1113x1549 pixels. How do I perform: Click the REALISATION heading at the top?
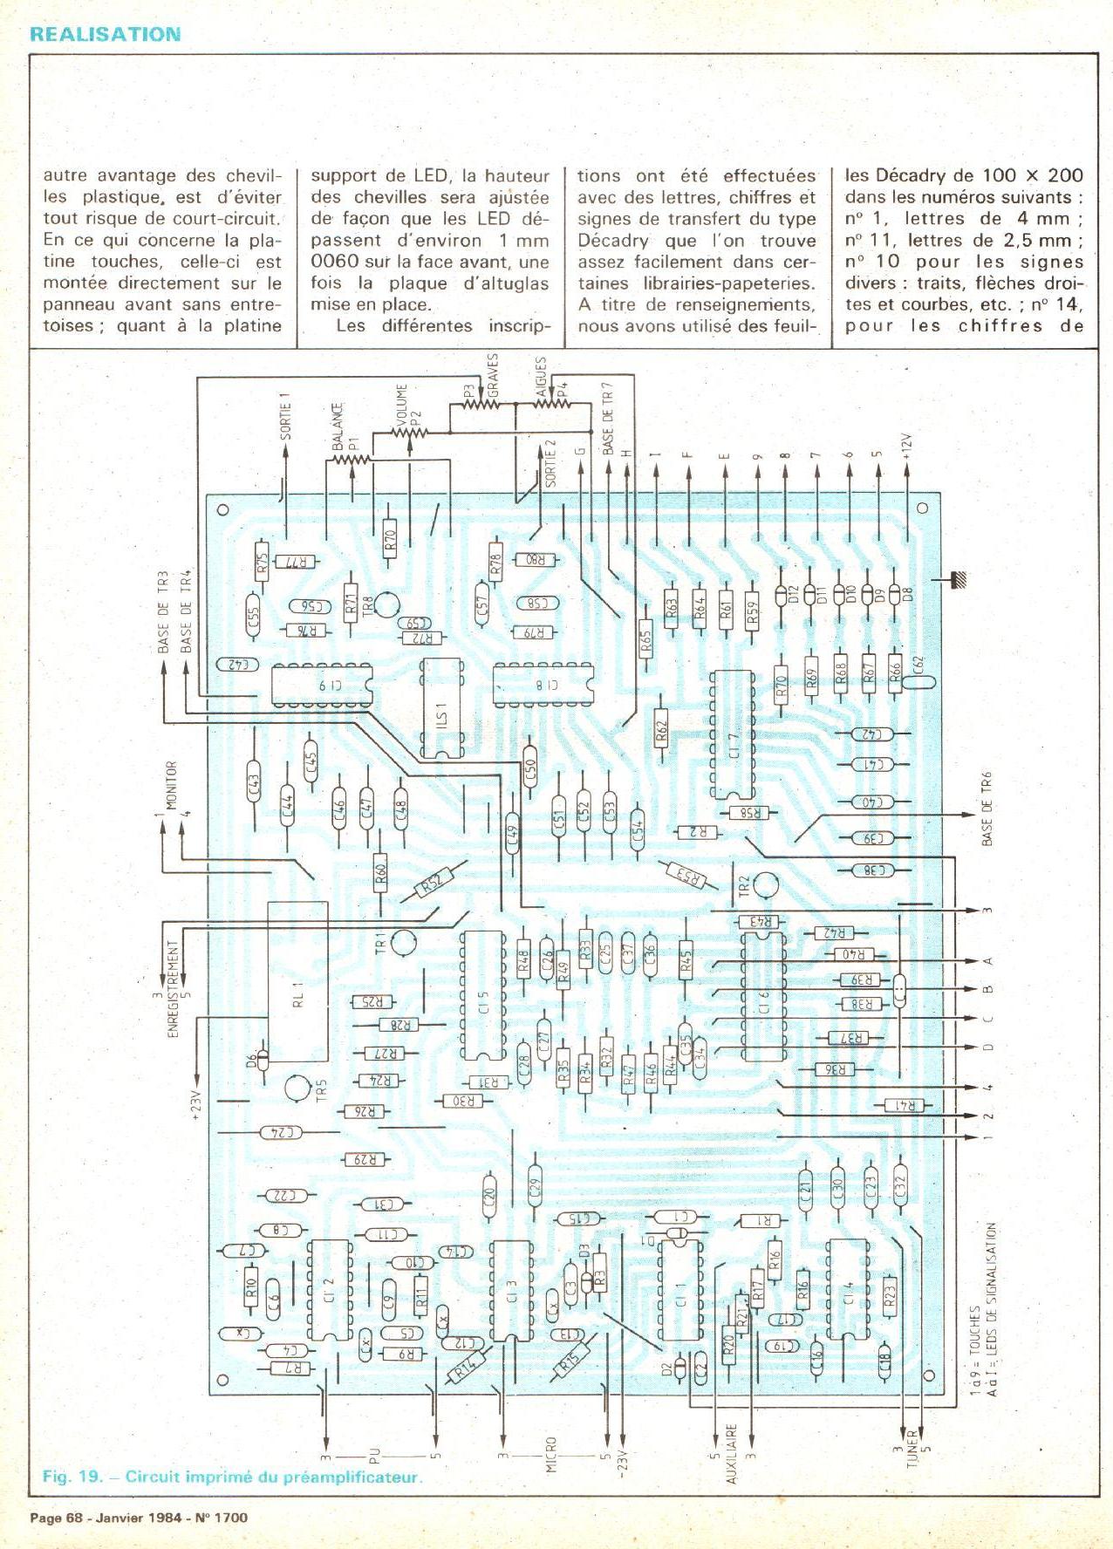tap(105, 35)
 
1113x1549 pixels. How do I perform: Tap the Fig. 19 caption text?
tap(232, 1477)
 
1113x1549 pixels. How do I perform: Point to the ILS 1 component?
tap(442, 707)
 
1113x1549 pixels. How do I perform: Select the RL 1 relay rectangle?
tap(298, 981)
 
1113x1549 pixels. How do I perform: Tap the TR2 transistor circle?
tap(767, 885)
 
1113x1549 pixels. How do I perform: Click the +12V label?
tap(907, 446)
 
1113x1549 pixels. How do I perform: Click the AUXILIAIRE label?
tap(732, 1454)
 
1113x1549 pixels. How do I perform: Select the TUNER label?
tap(912, 1449)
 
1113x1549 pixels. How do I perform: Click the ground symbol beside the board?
tap(959, 579)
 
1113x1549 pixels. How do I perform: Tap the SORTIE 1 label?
tap(285, 416)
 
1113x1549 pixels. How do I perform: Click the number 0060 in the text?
tap(332, 262)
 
